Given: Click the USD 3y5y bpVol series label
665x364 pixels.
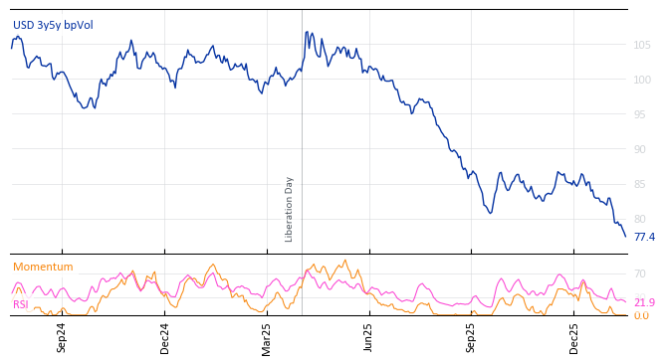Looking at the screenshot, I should [53, 25].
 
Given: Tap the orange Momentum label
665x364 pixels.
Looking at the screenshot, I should [43, 268].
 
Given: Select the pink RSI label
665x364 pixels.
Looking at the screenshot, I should [20, 304].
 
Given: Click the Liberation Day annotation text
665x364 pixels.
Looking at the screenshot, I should [290, 209].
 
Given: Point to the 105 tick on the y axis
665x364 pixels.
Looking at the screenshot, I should [642, 45].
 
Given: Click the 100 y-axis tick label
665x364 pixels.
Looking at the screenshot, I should [642, 80].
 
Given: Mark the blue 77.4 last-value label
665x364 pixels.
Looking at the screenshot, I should [644, 238].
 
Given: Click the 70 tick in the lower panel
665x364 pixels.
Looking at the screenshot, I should [640, 273].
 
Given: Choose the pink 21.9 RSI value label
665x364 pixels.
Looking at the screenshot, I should [644, 302].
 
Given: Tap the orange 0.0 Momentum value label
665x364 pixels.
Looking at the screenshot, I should [641, 316].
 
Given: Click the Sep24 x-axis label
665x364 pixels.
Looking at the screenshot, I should [62, 338].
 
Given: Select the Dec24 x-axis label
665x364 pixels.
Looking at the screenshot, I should [165, 338].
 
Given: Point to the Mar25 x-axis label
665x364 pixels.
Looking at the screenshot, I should [267, 338].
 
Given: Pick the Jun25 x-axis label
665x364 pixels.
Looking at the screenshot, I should [368, 338].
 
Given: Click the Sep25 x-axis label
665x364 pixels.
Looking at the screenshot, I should [471, 338].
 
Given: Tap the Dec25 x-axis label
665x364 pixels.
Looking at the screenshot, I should [573, 338].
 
